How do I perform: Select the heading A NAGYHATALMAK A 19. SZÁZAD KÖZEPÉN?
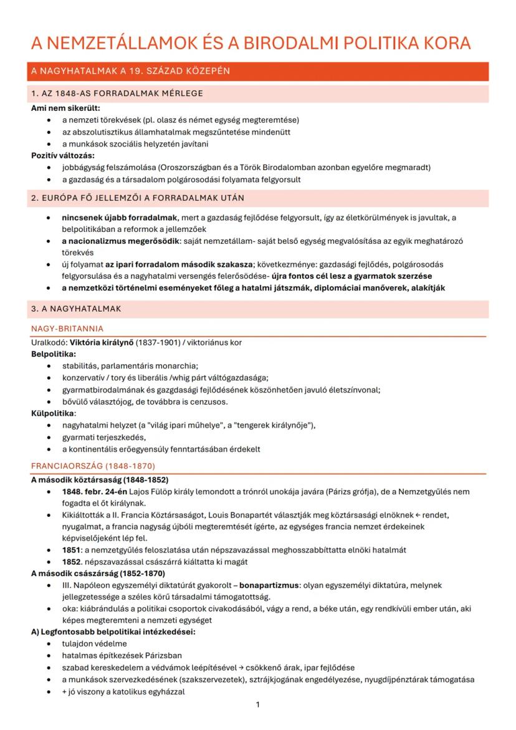[130, 71]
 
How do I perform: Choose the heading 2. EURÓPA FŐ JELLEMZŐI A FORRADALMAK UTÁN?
[137, 198]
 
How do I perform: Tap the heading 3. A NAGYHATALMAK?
[76, 308]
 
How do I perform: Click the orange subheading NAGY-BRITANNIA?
[67, 328]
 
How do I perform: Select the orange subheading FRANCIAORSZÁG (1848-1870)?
[93, 466]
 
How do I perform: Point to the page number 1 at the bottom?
[258, 704]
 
